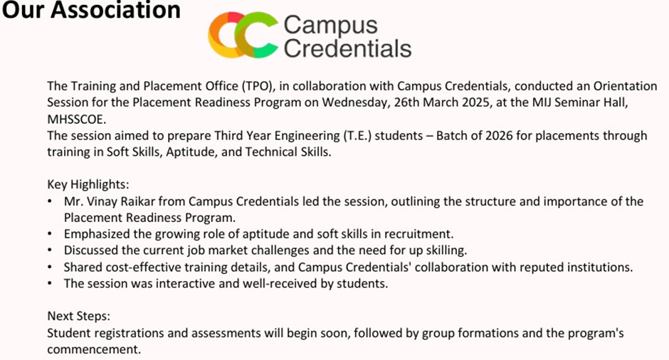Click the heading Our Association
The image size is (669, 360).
pyautogui.click(x=91, y=9)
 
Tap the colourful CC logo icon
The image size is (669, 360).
pyautogui.click(x=243, y=35)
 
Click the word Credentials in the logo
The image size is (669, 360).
pyautogui.click(x=347, y=48)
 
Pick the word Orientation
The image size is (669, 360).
pyautogui.click(x=625, y=86)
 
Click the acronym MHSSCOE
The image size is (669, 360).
pyautogui.click(x=76, y=120)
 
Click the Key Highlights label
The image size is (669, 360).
pyautogui.click(x=88, y=185)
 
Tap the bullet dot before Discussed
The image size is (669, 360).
pyautogui.click(x=50, y=250)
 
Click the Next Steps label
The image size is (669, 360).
pyautogui.click(x=78, y=317)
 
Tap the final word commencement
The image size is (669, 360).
pyautogui.click(x=94, y=349)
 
